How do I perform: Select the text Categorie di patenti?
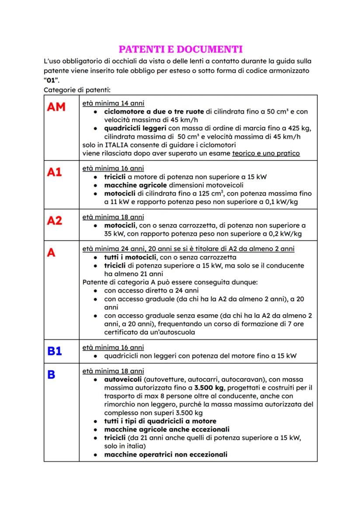coord(77,90)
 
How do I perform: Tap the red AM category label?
coord(56,107)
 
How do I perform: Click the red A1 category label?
coord(55,172)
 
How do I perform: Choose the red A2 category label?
coord(55,221)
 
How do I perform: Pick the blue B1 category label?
coord(55,351)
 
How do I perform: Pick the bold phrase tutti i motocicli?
coord(131,257)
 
